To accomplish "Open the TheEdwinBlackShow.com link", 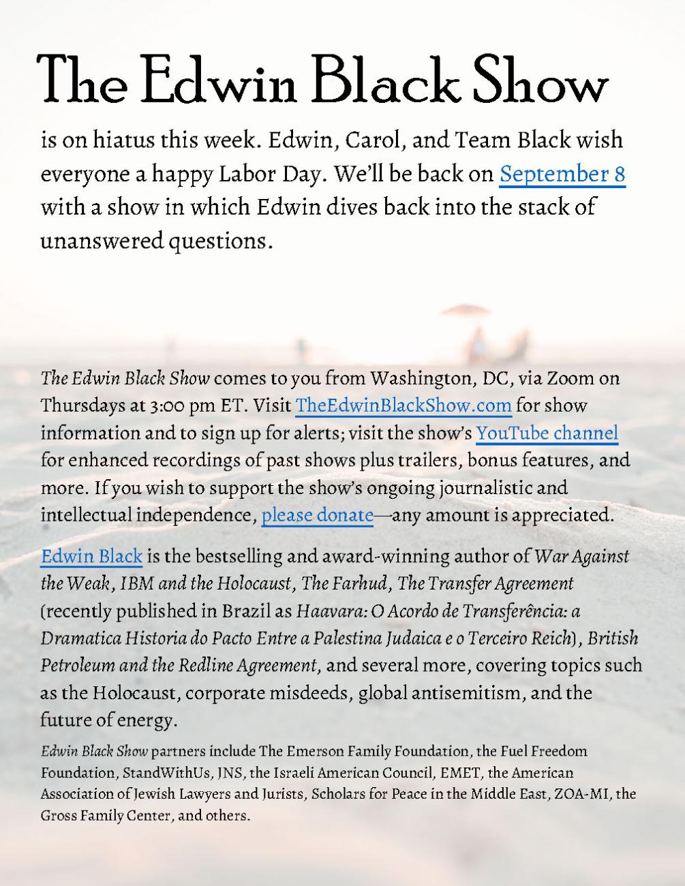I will tap(404, 406).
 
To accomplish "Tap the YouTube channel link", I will tap(547, 433).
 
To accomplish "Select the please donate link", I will tap(318, 515).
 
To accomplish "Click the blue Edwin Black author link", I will tap(91, 556).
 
